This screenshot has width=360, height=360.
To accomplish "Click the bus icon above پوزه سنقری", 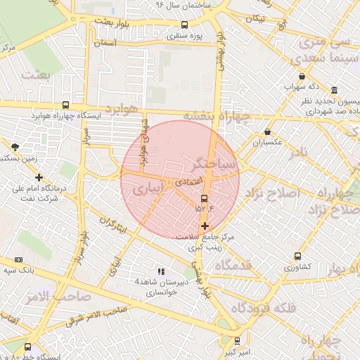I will pyautogui.click(x=184, y=25).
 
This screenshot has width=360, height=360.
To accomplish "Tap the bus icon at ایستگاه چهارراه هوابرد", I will pyautogui.click(x=65, y=105).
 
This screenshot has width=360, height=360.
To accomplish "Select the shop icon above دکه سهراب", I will pyautogui.click(x=302, y=77).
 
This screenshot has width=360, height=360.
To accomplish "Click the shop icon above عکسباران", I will pyautogui.click(x=267, y=132).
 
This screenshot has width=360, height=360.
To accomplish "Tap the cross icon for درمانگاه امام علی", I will pyautogui.click(x=39, y=177).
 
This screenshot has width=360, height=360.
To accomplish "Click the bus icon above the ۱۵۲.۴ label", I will pyautogui.click(x=205, y=198).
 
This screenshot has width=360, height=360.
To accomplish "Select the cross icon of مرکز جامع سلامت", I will pyautogui.click(x=205, y=226).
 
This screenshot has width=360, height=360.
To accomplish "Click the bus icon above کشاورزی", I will pyautogui.click(x=298, y=257).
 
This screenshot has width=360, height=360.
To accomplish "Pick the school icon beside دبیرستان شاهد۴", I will pyautogui.click(x=160, y=271).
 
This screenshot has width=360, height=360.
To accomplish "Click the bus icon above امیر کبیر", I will pyautogui.click(x=237, y=340).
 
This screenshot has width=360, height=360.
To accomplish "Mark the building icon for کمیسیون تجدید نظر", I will pyautogui.click(x=333, y=91).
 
